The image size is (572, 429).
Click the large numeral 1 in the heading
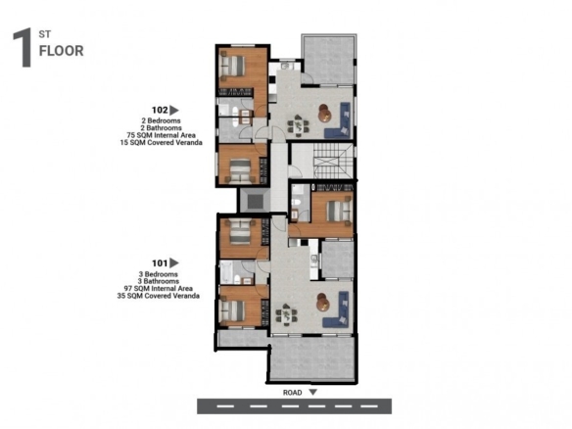[23, 48]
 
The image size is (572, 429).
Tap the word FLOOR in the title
[62, 51]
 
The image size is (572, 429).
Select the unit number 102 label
[160, 110]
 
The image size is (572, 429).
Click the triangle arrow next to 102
[174, 110]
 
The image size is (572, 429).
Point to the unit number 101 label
[160, 263]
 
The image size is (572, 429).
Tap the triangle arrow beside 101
[174, 263]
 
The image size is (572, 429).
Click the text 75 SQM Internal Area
[161, 135]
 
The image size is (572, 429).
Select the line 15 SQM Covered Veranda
[161, 143]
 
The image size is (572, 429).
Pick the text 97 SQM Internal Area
[159, 289]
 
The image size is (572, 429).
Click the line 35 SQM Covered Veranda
[159, 296]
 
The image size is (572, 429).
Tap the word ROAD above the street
[293, 393]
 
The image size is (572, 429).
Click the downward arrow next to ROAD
[313, 392]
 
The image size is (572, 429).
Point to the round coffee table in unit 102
[324, 113]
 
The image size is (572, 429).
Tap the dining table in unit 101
[286, 314]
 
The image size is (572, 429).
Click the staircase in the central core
[333, 161]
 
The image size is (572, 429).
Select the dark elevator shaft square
[255, 201]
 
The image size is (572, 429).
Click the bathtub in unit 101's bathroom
[226, 271]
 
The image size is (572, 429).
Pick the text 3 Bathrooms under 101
[159, 281]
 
